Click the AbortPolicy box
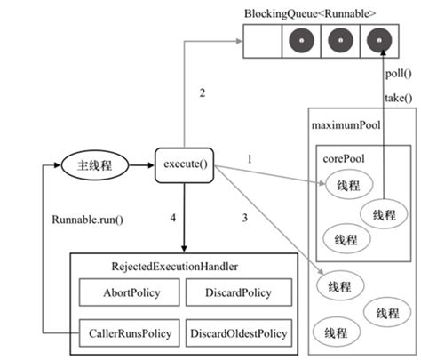(x=129, y=292)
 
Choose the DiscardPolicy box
(x=238, y=292)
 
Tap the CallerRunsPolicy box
(x=129, y=334)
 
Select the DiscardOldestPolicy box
(x=238, y=334)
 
